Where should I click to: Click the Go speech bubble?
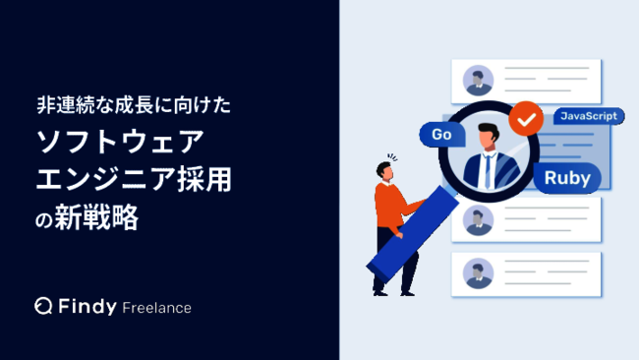(440, 134)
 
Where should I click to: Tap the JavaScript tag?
(589, 117)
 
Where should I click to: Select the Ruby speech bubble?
(566, 180)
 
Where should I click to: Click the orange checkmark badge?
(528, 119)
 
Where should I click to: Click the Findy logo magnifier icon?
(43, 307)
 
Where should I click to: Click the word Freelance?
(157, 308)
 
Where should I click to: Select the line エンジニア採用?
(141, 180)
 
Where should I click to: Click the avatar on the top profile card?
(479, 80)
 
